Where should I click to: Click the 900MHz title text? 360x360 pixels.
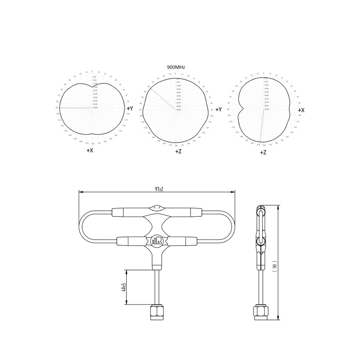[x=176, y=67]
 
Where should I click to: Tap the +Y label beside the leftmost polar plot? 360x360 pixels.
[x=129, y=108]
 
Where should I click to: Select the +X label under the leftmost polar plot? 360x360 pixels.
[x=90, y=150]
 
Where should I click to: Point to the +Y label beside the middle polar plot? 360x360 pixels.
[x=219, y=109]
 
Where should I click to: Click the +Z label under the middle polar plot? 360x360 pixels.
[x=178, y=151]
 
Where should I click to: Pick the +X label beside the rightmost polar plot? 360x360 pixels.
[x=301, y=110]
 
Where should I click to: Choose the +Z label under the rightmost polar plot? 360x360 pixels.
[x=263, y=153]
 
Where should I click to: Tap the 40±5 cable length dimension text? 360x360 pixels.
[x=123, y=288]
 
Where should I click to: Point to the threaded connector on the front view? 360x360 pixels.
[x=157, y=312]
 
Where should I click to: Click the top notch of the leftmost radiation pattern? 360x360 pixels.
[x=92, y=86]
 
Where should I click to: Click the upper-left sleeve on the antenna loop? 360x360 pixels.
[x=127, y=212]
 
